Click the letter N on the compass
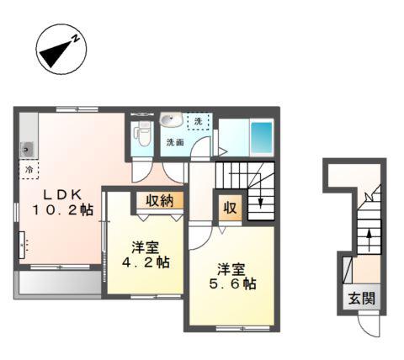[x=76, y=39]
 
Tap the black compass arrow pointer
[x=56, y=54]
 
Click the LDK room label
[x=62, y=194]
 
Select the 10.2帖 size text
[x=63, y=209]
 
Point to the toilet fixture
[x=142, y=133]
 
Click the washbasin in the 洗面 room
[x=171, y=119]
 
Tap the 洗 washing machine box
[x=199, y=121]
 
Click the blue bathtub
[x=262, y=137]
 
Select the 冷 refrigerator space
[x=29, y=169]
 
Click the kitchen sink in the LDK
[x=26, y=150]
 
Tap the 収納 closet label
[x=160, y=200]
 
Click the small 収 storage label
[x=230, y=208]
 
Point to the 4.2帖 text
[x=146, y=262]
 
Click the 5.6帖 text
[x=232, y=284]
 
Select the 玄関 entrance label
[x=362, y=298]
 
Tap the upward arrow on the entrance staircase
[x=369, y=241]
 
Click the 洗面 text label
[x=175, y=142]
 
